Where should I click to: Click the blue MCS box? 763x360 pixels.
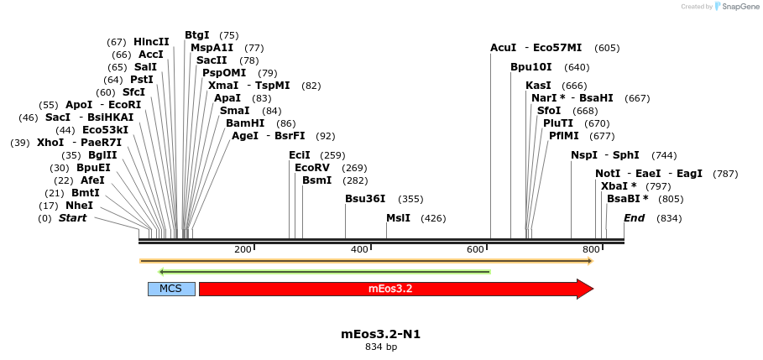[x=171, y=289]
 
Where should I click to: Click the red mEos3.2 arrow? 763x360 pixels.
[x=390, y=289]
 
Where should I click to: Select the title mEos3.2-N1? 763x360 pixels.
[x=380, y=334]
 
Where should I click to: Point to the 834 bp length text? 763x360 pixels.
[x=380, y=347]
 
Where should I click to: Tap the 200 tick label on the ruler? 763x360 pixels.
[x=243, y=249]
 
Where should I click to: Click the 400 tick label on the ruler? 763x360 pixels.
[x=359, y=249]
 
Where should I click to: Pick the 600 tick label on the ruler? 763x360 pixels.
[x=476, y=249]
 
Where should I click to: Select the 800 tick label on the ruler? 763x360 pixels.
[x=592, y=249]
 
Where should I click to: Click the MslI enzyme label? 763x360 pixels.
[x=398, y=218]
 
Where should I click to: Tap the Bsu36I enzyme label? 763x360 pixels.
[x=365, y=199]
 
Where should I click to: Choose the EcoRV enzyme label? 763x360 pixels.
[x=312, y=168]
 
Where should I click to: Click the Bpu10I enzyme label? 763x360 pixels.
[x=531, y=67]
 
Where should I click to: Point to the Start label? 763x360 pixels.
[x=72, y=218]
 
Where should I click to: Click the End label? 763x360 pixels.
[x=634, y=218]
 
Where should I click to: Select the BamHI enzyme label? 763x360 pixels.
[x=245, y=123]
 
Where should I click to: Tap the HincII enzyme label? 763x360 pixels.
[x=151, y=42]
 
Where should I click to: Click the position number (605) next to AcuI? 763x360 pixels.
[x=607, y=48]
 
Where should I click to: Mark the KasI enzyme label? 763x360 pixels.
[x=538, y=86]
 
